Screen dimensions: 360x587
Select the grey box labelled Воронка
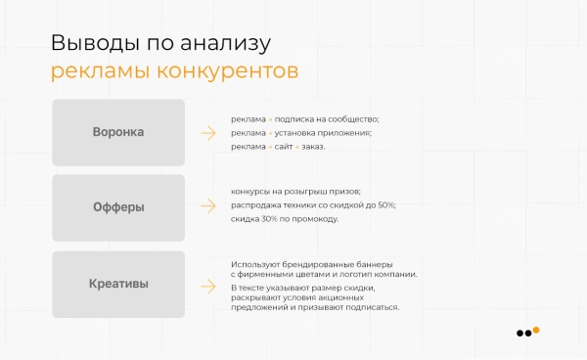point(118,132)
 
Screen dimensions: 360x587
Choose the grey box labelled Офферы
point(118,207)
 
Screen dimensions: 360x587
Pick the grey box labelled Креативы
point(118,285)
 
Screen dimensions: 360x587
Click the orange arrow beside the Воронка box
point(207,133)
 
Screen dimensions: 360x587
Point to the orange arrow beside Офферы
point(207,207)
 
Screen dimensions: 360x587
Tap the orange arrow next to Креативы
point(207,286)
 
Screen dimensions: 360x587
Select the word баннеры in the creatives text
point(371,264)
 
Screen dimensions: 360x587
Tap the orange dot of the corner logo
point(536,329)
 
